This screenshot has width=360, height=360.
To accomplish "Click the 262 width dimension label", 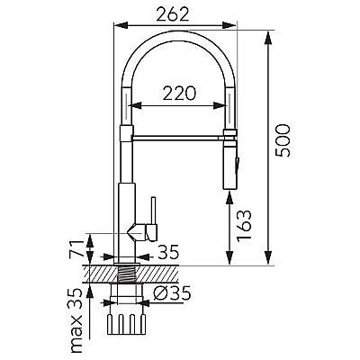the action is point(173,13).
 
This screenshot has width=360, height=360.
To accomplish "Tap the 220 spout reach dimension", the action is point(179,93).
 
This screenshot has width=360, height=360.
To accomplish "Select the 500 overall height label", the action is point(283,140).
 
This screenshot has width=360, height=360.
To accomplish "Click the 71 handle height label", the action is point(76,248).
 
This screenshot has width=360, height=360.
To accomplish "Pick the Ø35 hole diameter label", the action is point(172,292).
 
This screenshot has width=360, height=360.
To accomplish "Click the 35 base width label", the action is point(168,252).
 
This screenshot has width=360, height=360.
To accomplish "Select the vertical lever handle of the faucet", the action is point(153,211).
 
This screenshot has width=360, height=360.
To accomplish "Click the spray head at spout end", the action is point(230,159).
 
